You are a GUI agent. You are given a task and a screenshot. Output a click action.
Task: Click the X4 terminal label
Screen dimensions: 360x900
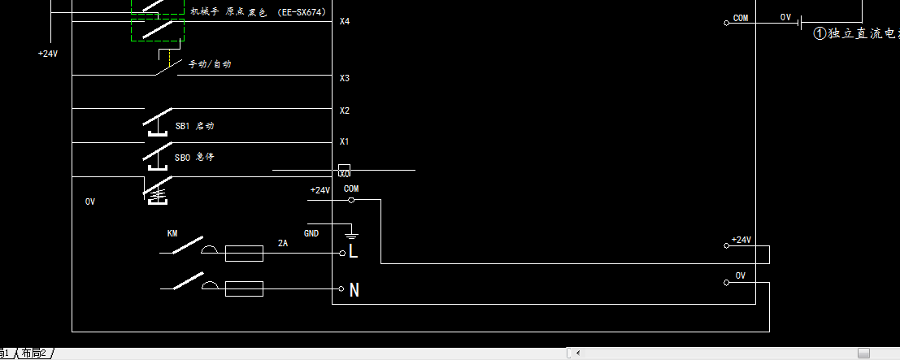click(x=345, y=20)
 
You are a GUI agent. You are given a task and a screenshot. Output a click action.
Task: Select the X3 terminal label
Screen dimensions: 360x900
click(x=345, y=78)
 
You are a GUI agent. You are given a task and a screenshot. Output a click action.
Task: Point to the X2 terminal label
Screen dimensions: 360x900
click(x=345, y=111)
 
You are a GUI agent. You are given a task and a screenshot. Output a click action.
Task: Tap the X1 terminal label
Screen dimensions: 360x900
click(x=345, y=142)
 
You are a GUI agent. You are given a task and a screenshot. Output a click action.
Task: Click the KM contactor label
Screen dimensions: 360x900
click(x=172, y=233)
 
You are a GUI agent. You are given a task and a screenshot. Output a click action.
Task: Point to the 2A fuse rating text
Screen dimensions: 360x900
click(x=283, y=243)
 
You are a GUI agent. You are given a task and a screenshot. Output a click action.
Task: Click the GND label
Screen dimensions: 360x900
click(x=311, y=233)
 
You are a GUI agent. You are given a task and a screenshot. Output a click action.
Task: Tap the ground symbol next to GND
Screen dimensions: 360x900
click(x=351, y=233)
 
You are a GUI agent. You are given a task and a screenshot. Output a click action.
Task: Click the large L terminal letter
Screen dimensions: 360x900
click(x=353, y=252)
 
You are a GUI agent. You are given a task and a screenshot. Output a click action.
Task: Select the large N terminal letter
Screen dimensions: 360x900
click(x=354, y=289)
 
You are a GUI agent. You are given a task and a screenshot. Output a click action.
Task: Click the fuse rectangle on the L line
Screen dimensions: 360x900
click(x=244, y=254)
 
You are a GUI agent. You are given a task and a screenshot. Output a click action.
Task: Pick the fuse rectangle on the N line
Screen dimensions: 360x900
click(x=244, y=288)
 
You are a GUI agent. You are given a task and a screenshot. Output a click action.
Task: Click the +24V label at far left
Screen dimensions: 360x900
click(x=48, y=54)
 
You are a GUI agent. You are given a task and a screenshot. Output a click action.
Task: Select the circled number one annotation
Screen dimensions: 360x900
click(x=821, y=33)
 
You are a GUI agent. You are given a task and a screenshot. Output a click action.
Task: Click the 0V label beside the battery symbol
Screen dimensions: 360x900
click(x=785, y=17)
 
